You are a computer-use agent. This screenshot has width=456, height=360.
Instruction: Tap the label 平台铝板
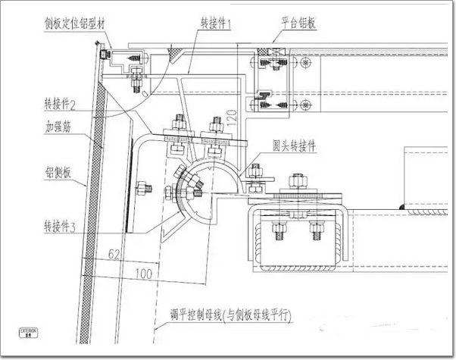297,23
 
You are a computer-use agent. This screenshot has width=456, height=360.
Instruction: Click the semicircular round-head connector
209,186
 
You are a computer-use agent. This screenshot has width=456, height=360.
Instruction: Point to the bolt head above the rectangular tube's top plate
295,183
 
